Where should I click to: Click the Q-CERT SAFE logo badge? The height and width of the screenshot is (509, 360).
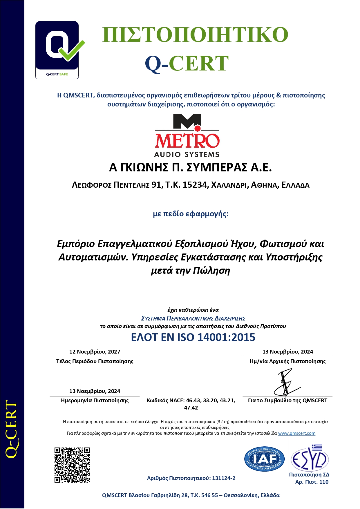click(x=57, y=50)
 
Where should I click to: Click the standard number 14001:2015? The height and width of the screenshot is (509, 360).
click(x=226, y=337)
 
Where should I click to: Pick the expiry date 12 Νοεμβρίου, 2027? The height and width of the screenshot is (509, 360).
click(x=95, y=352)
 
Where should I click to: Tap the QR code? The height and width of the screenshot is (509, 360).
click(x=72, y=465)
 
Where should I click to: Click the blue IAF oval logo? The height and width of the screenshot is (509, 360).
click(x=264, y=459)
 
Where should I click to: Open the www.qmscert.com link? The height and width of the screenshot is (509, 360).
click(x=296, y=433)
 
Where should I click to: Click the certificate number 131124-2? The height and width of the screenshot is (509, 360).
click(x=224, y=478)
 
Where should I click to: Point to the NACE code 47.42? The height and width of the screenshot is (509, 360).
click(x=191, y=407)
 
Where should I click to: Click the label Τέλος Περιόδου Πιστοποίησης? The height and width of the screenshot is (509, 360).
click(x=95, y=361)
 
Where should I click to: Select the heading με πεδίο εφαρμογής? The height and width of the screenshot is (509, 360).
click(x=191, y=214)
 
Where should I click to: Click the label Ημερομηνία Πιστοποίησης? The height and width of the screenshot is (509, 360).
click(x=95, y=401)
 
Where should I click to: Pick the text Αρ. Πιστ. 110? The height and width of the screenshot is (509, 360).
click(x=312, y=482)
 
